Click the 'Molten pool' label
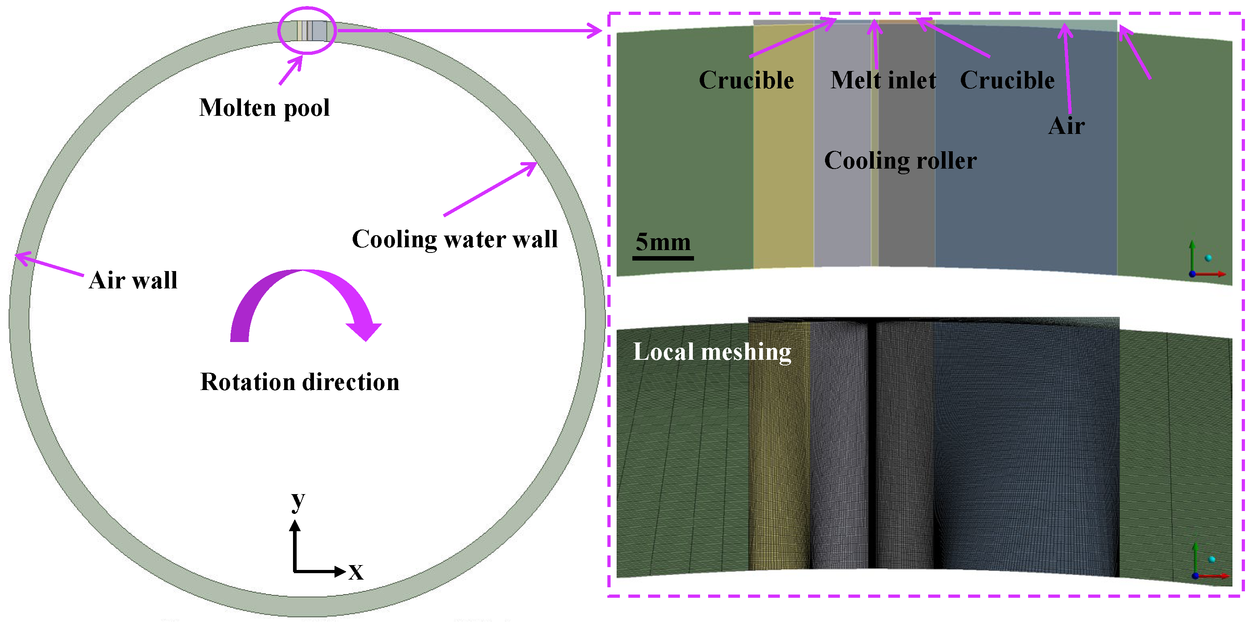[264, 108]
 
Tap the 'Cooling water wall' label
[455, 239]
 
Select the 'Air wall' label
[133, 280]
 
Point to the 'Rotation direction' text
[299, 382]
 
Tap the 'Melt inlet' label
[883, 81]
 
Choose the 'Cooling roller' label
[900, 161]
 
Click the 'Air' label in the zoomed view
[1066, 126]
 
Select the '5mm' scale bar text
[663, 242]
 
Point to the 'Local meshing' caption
[712, 352]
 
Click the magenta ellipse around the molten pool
[307, 30]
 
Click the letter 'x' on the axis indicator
[356, 572]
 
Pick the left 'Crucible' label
[746, 81]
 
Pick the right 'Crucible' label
[1007, 81]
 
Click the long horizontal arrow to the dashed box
[469, 31]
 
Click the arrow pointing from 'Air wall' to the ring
[48, 265]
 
